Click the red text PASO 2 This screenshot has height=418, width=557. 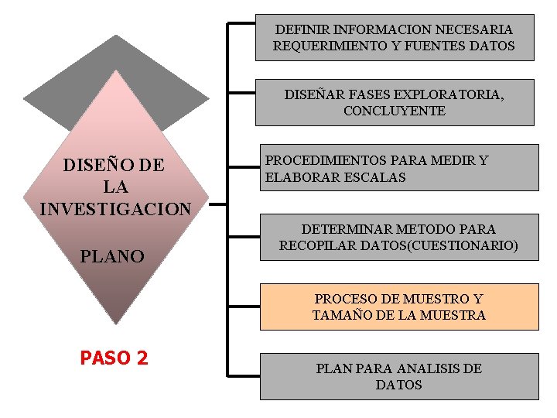tap(114, 358)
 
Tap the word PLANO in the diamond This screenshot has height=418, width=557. tap(112, 256)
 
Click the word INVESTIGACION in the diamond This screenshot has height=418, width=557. tap(114, 209)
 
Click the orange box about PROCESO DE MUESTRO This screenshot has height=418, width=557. tap(398, 307)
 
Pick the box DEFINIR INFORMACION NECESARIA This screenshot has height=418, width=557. tap(395, 37)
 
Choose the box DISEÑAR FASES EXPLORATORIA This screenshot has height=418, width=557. tap(395, 102)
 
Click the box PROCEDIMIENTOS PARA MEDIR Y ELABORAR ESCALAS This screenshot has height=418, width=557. tap(398, 168)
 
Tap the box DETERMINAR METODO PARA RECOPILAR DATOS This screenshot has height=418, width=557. tap(398, 238)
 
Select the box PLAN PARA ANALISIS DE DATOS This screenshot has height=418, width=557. tap(398, 376)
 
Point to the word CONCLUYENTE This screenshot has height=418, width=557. tap(395, 111)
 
